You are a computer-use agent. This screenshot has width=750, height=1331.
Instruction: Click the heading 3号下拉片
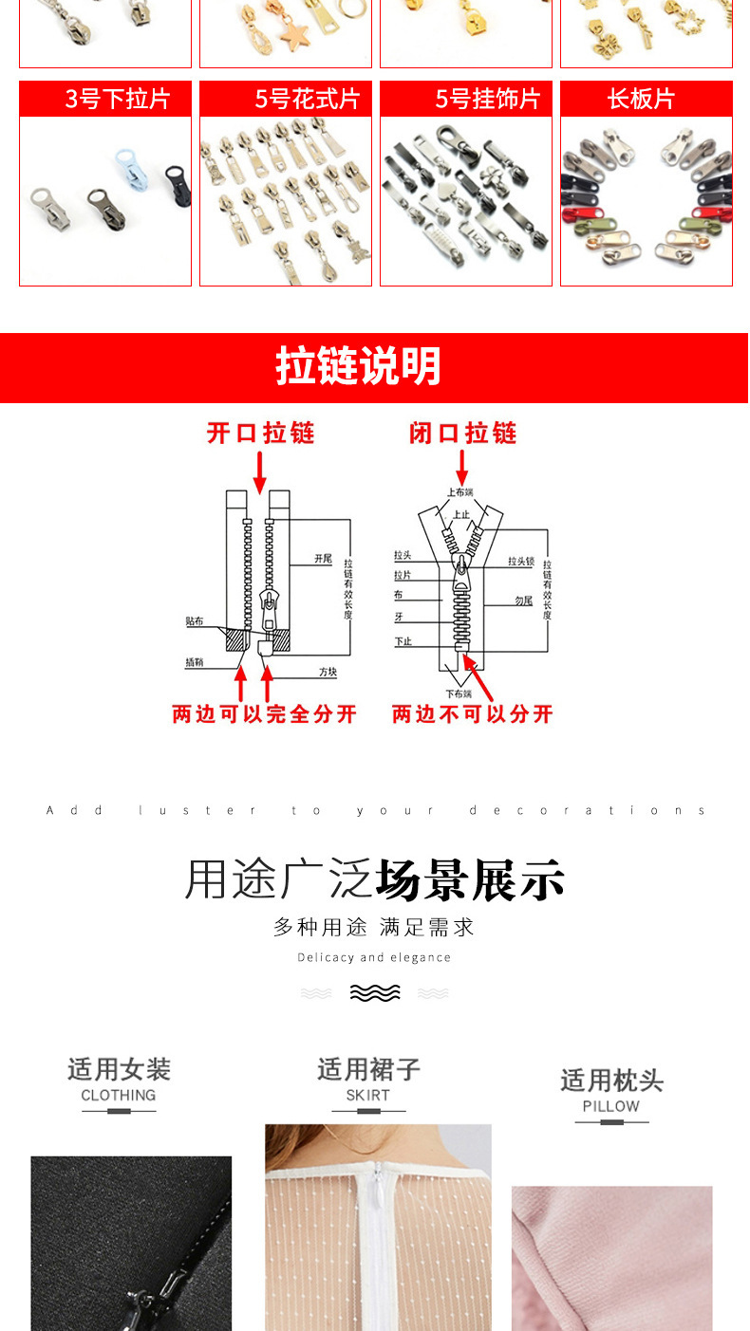point(116,100)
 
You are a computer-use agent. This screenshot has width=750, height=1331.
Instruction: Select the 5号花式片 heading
point(307,100)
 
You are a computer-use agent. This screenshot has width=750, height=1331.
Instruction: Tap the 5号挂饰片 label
point(487,100)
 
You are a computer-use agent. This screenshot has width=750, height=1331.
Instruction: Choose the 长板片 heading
point(641,100)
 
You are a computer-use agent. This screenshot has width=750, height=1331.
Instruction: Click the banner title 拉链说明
point(358,366)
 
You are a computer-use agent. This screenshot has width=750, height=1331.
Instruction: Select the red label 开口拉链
point(260,434)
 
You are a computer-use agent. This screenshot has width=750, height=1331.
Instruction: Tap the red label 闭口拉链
point(462,434)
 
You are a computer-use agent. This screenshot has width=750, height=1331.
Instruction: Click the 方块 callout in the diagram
point(328,672)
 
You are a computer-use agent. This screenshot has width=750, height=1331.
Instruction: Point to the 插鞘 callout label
point(194,662)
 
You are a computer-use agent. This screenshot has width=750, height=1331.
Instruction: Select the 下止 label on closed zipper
point(403,642)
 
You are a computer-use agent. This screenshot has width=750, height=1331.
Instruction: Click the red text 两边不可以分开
point(472,714)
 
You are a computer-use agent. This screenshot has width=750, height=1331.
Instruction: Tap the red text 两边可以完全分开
point(264,714)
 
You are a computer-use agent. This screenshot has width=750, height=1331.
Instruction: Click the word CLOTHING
point(118,1095)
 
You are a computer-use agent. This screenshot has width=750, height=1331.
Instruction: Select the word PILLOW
point(610,1106)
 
